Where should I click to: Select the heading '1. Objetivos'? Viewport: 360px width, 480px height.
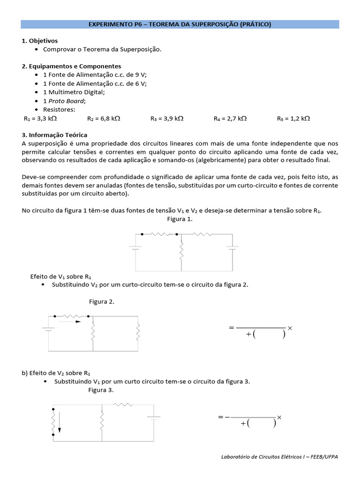pyautogui.click(x=40, y=41)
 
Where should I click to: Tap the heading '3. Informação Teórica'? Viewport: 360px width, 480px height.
pyautogui.click(x=54, y=135)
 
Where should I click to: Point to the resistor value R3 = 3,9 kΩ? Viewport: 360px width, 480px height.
pyautogui.click(x=167, y=119)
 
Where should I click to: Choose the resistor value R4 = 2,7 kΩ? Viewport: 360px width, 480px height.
pyautogui.click(x=230, y=119)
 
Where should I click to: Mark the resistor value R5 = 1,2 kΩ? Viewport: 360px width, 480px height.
pyautogui.click(x=293, y=119)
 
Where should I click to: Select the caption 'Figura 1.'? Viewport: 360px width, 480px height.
pyautogui.click(x=180, y=219)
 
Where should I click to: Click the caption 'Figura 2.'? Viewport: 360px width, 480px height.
pyautogui.click(x=102, y=301)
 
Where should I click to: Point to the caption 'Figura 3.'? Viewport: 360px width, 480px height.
pyautogui.click(x=100, y=390)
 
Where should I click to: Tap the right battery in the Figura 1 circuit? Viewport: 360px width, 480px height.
pyautogui.click(x=232, y=247)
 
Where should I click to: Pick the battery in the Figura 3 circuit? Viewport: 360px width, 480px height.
pyautogui.click(x=154, y=416)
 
